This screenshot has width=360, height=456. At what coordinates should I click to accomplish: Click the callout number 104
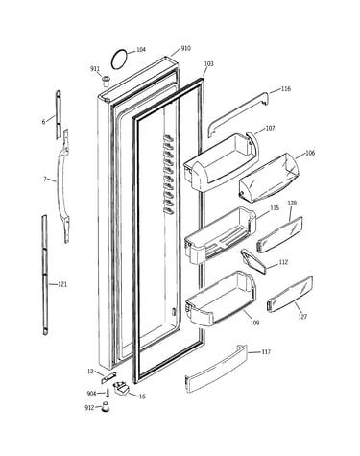[x=141, y=50]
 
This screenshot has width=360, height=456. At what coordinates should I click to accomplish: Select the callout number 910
[x=185, y=48]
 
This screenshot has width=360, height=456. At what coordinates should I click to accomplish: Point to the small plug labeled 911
[x=106, y=81]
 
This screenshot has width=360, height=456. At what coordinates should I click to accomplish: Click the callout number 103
[x=208, y=64]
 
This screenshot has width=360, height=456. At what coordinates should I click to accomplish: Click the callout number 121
[x=62, y=284]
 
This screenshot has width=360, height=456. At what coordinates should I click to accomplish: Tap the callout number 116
[x=285, y=88]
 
